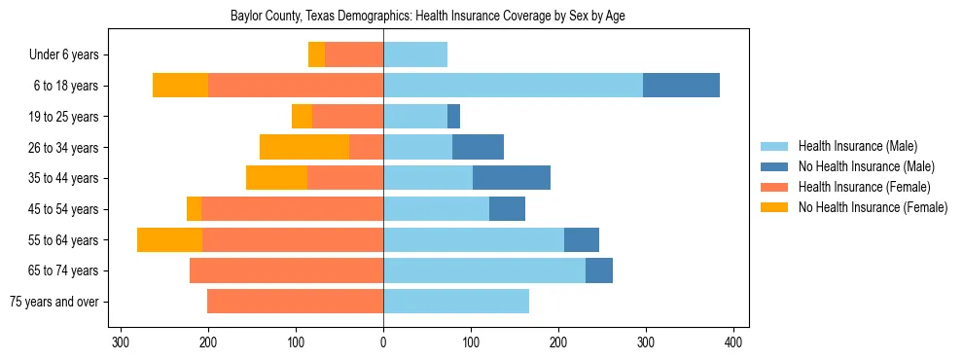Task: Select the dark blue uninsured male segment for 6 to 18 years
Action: [681, 86]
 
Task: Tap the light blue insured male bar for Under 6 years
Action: [415, 54]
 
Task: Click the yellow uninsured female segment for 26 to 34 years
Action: [304, 147]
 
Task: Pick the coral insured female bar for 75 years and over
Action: [295, 302]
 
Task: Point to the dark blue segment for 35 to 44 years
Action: [512, 178]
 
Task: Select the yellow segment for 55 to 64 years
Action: [169, 239]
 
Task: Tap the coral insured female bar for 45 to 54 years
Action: [292, 209]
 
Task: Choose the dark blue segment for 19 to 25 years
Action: [453, 117]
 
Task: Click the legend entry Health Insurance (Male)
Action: [857, 146]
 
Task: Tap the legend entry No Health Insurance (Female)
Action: [873, 207]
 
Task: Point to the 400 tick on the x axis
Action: [734, 342]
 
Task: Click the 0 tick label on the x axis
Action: [383, 342]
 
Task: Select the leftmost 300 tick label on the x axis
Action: [121, 342]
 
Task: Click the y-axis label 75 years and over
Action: [54, 302]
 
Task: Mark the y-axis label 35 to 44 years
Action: [64, 178]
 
